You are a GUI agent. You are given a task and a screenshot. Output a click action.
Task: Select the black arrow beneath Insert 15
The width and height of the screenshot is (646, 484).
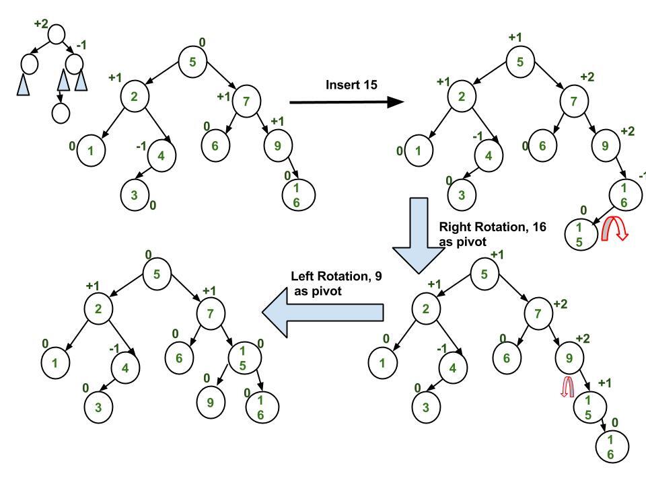coord(346,102)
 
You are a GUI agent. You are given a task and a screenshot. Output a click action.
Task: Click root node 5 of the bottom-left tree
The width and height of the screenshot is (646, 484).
coord(156,273)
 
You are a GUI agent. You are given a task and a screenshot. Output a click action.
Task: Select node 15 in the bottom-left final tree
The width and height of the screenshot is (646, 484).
coord(244,358)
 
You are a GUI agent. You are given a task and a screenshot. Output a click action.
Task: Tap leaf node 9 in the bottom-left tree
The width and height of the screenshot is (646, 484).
coord(210,402)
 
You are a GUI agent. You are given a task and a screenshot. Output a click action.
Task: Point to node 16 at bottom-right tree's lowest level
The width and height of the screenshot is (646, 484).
coord(611,447)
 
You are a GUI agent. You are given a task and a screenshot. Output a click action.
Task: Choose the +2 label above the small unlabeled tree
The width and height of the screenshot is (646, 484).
coord(41,24)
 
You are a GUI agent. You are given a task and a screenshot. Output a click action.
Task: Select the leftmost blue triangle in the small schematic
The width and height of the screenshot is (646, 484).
coord(24,85)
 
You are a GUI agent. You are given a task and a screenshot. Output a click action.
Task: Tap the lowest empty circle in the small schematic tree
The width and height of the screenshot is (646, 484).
coord(61,113)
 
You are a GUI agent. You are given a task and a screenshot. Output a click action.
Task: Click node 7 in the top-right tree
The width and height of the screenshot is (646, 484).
coord(574,102)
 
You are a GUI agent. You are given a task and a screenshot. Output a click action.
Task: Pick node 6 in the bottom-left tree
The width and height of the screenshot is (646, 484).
coord(179,358)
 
